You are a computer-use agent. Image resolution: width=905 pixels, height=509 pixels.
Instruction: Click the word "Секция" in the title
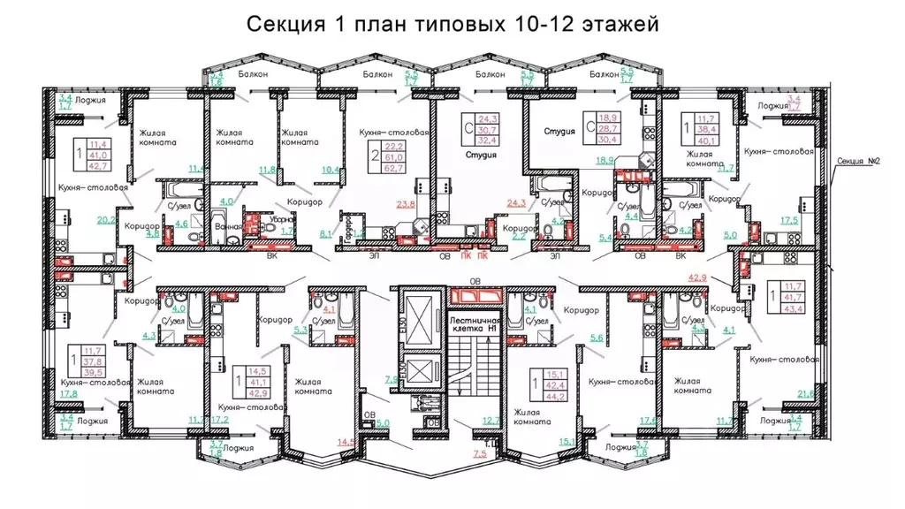coord(281,24)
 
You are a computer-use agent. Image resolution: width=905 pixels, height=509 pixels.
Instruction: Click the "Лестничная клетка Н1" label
coord(475,323)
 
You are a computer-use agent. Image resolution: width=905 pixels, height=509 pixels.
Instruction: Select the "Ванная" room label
coord(228,225)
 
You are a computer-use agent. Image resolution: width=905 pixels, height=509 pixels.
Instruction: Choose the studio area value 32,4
coord(488,141)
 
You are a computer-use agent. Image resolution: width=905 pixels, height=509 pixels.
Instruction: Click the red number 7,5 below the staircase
coord(480,453)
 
